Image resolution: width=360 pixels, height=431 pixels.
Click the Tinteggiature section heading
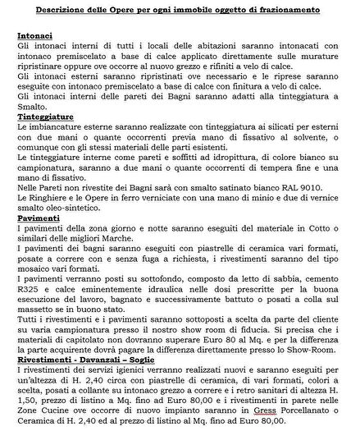[x=48, y=117]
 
